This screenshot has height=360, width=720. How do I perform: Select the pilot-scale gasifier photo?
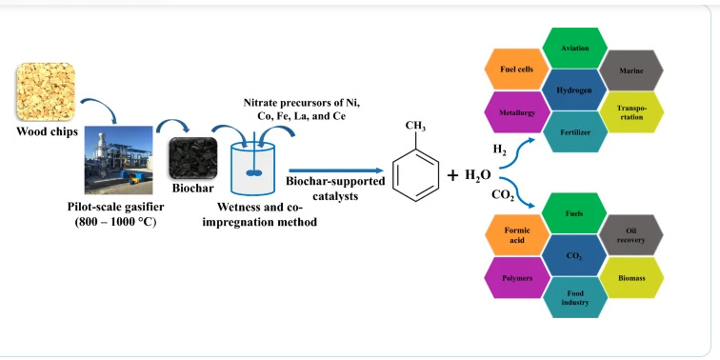111,156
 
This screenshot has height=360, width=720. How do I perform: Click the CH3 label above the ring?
415,126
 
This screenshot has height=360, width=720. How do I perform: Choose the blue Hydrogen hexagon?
574,90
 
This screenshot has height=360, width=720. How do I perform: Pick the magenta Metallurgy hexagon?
515,111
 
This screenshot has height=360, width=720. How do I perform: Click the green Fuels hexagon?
574,214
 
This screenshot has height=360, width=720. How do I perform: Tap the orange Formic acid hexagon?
515,236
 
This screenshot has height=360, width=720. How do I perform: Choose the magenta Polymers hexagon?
515,278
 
